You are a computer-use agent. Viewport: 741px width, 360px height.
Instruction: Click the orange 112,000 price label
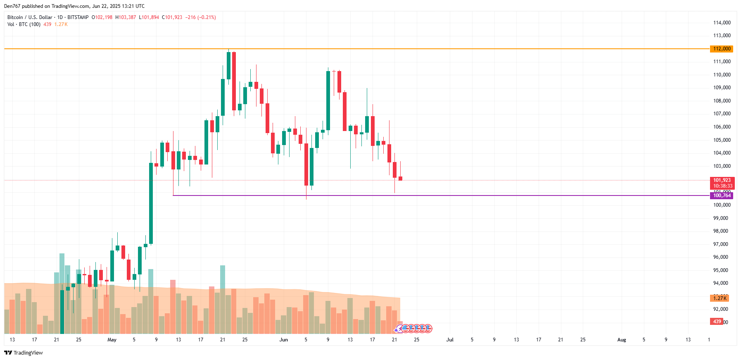(x=721, y=49)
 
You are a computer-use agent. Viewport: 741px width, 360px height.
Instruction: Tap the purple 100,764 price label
(x=721, y=195)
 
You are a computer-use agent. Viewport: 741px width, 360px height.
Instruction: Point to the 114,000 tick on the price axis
(x=722, y=23)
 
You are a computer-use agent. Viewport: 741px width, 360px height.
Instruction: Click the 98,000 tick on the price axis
(x=720, y=231)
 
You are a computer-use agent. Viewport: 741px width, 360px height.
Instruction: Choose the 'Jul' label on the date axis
(x=450, y=340)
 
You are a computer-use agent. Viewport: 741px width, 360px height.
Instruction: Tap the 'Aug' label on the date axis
(x=621, y=340)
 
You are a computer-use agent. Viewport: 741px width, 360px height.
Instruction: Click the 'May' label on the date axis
(x=112, y=340)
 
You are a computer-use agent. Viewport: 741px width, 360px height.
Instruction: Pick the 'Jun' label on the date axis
(x=283, y=340)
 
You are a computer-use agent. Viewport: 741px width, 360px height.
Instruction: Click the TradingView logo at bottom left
(x=24, y=353)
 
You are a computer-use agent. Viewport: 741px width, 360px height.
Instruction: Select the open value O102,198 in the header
(x=102, y=17)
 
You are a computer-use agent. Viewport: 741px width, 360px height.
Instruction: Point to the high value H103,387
(x=126, y=17)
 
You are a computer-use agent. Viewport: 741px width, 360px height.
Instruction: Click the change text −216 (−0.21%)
(x=200, y=17)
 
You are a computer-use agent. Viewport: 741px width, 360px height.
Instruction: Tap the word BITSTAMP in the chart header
(x=78, y=17)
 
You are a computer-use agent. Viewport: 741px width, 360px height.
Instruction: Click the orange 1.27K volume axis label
(x=720, y=298)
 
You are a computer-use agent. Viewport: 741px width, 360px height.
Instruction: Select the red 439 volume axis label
(x=717, y=322)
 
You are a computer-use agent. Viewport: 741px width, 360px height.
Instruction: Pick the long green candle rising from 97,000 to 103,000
(x=151, y=203)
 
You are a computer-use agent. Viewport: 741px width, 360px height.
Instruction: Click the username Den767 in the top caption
(x=12, y=6)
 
